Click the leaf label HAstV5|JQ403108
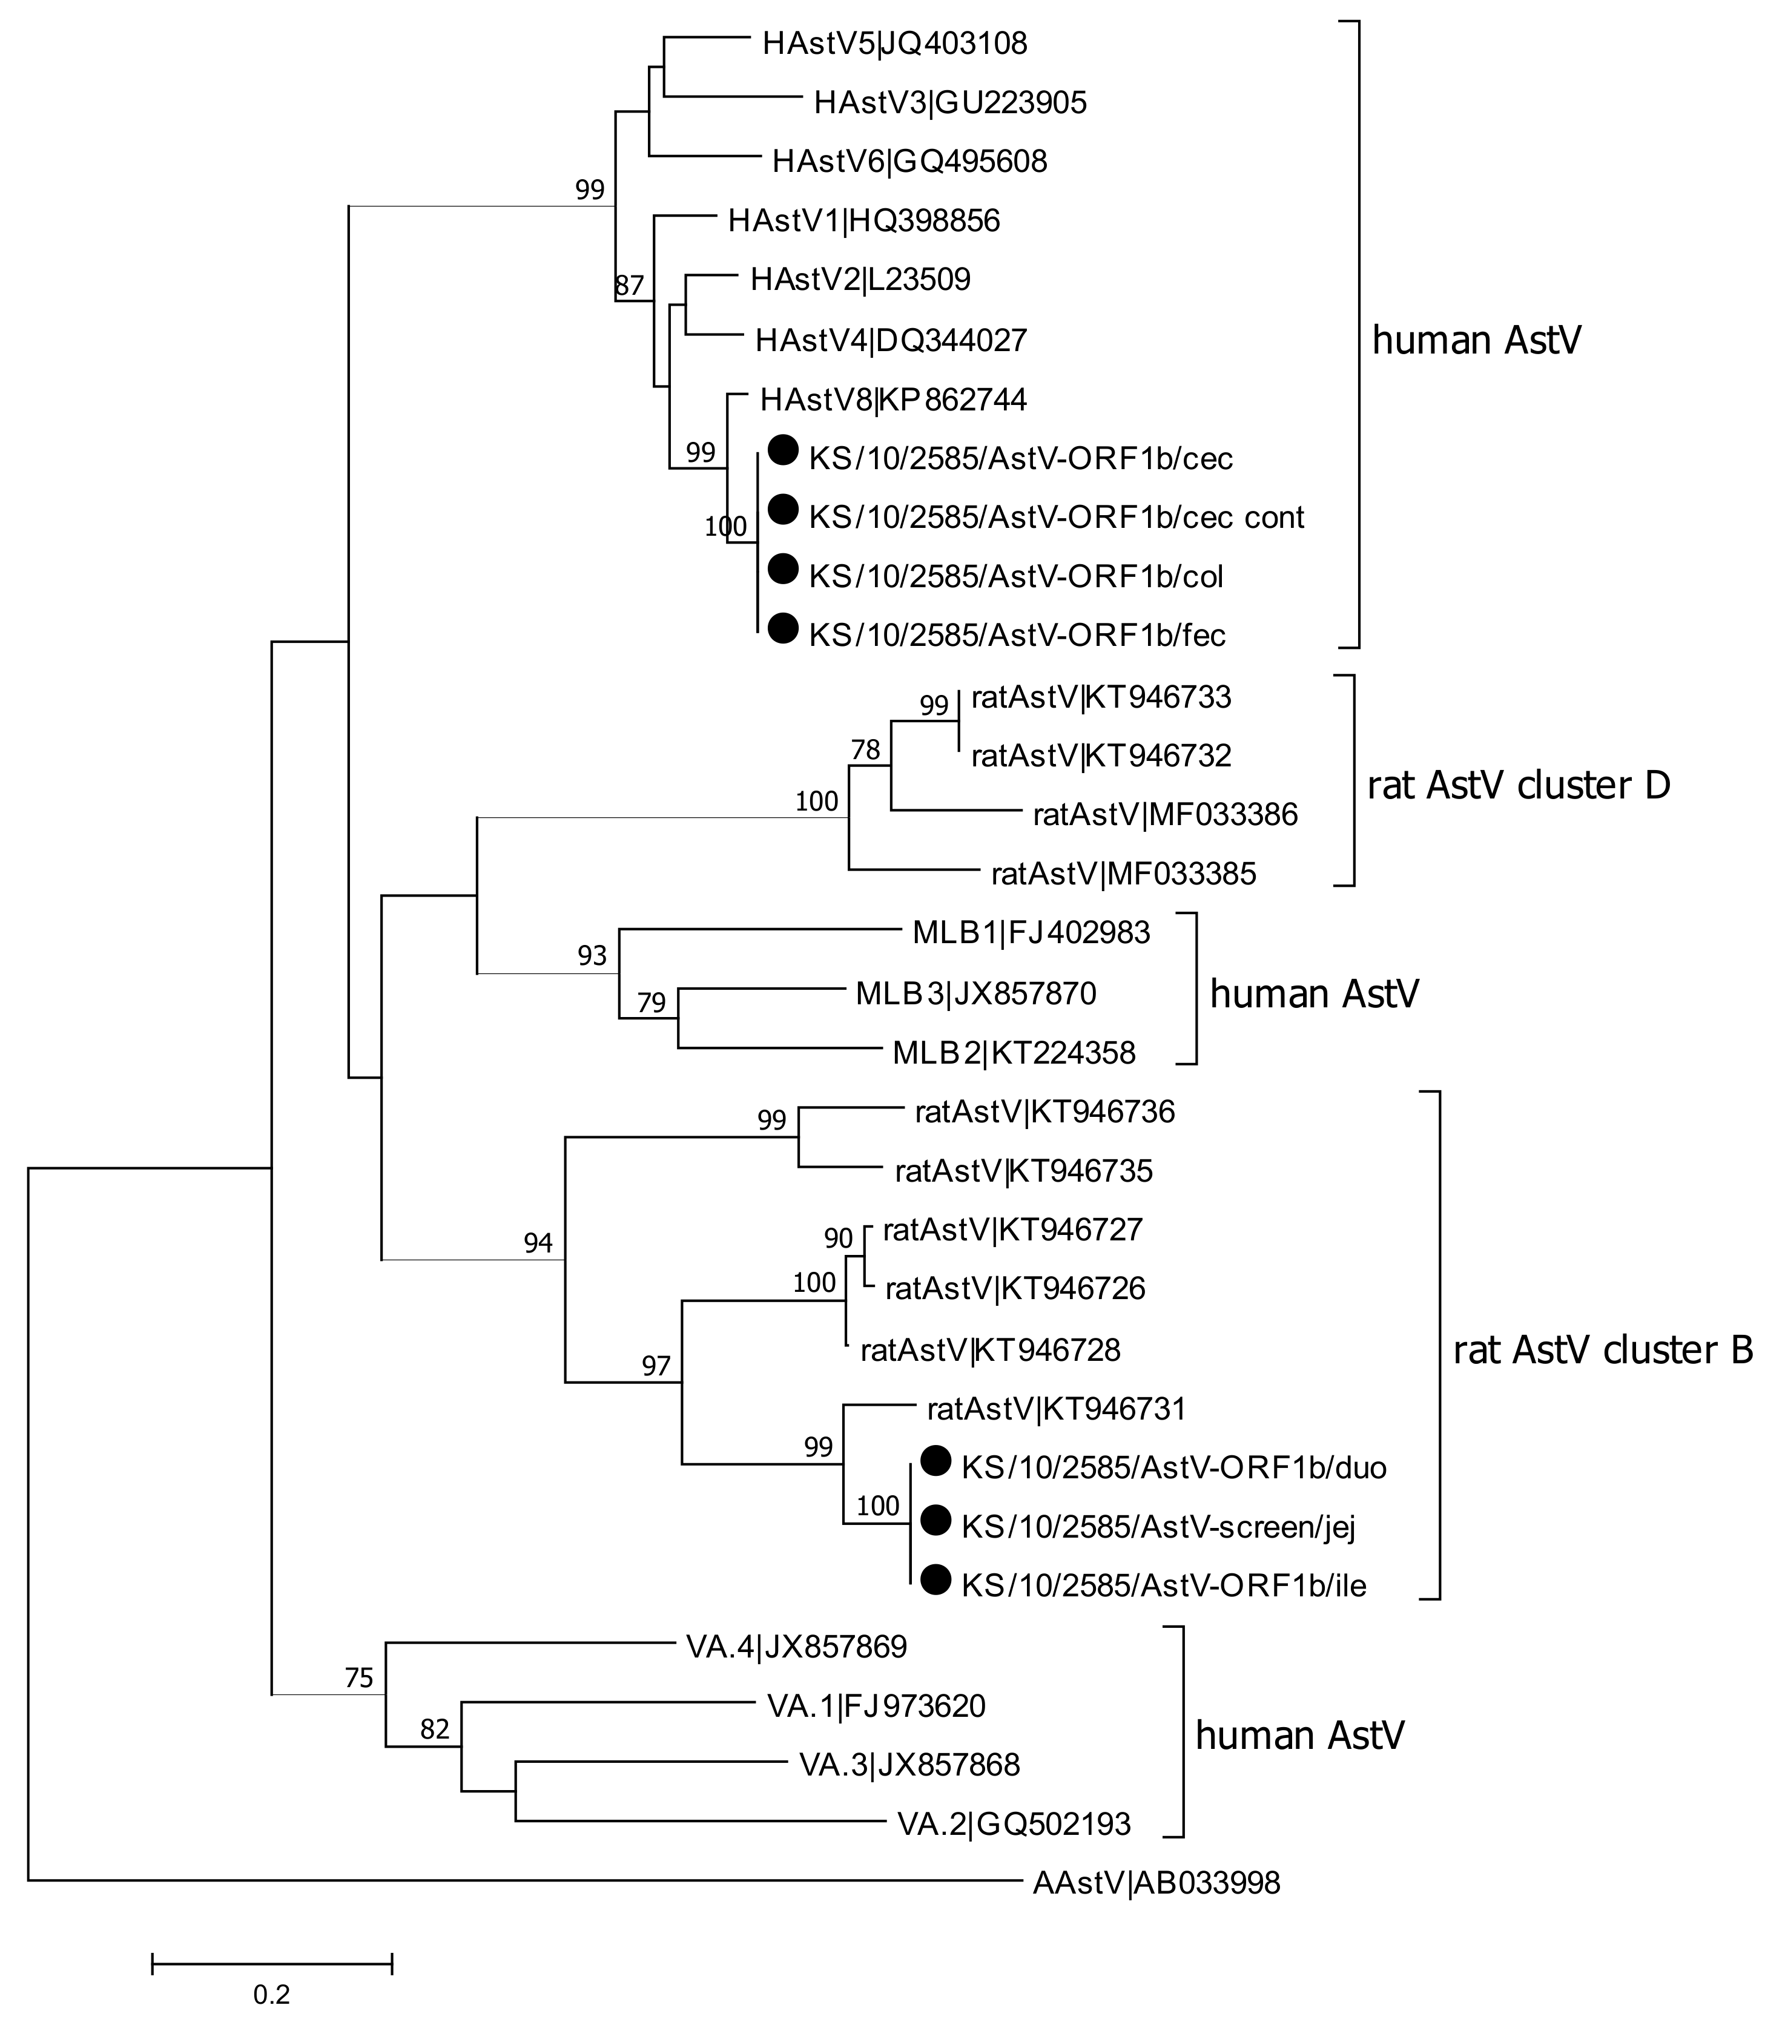pyautogui.click(x=894, y=44)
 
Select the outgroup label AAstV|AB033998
pyautogui.click(x=1156, y=1882)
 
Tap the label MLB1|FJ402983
pyautogui.click(x=1031, y=932)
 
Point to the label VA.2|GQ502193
pyautogui.click(x=1014, y=1823)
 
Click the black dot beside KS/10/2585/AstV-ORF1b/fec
pyautogui.click(x=783, y=628)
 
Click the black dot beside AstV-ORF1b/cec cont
pyautogui.click(x=783, y=510)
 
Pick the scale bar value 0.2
pyautogui.click(x=271, y=1993)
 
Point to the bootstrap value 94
pyautogui.click(x=538, y=1242)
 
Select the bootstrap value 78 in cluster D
pyautogui.click(x=866, y=749)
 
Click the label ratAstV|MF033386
pyautogui.click(x=1165, y=815)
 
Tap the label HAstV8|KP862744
pyautogui.click(x=893, y=400)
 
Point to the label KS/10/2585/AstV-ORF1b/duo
pyautogui.click(x=1173, y=1467)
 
